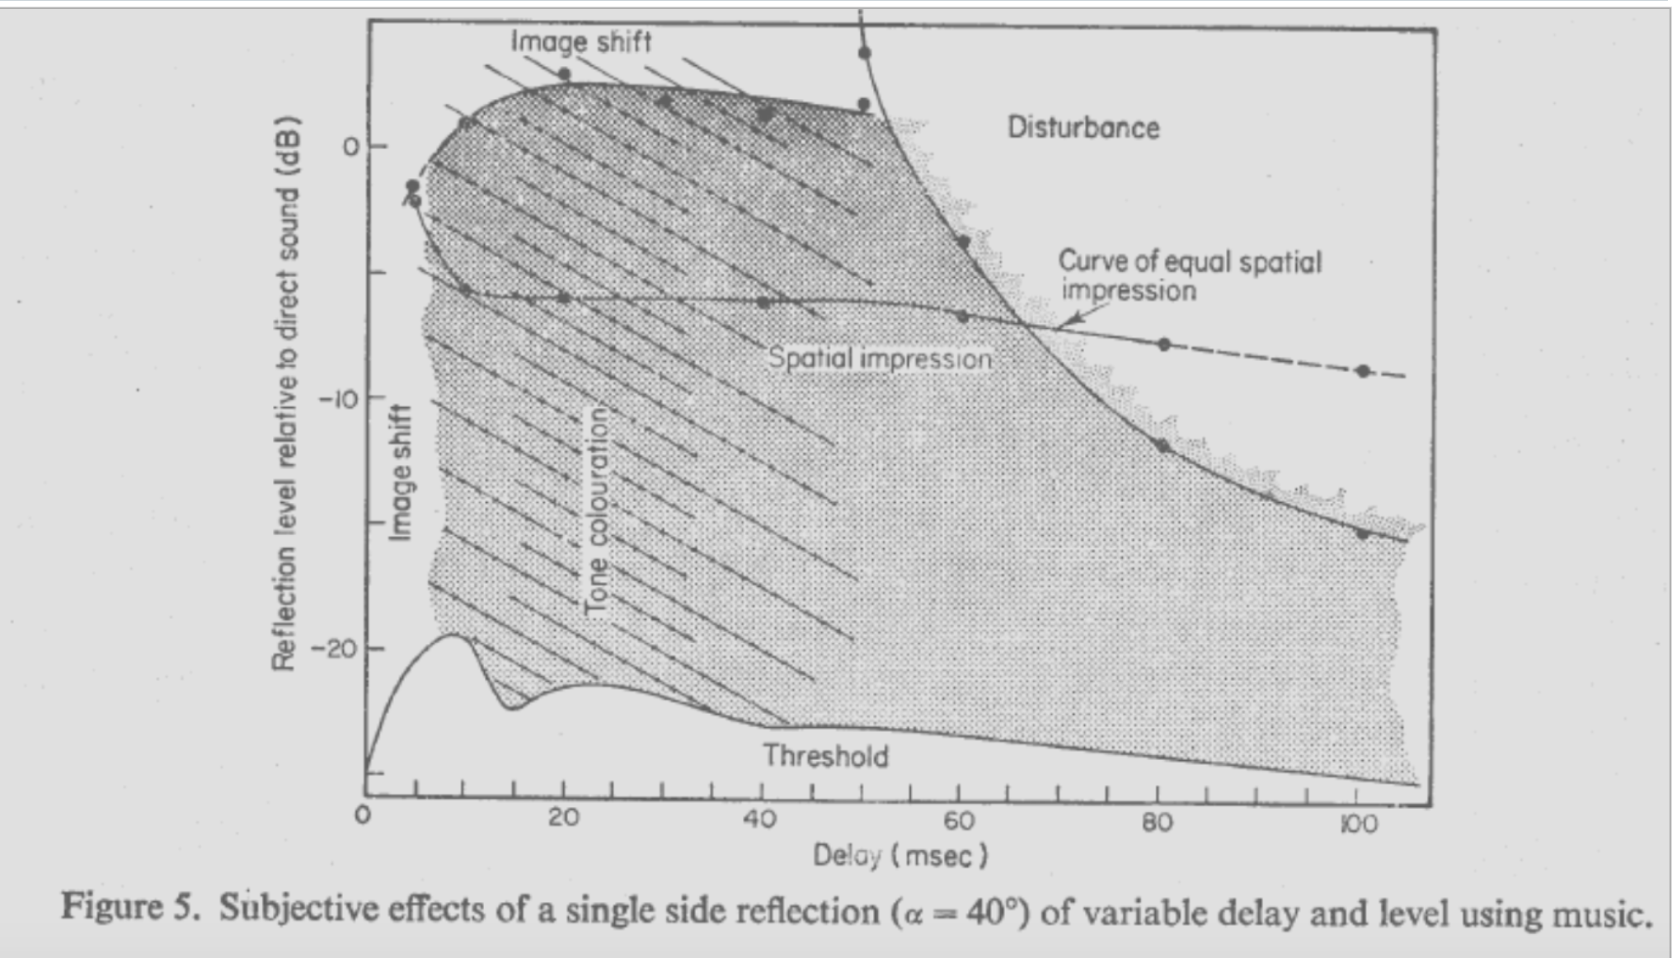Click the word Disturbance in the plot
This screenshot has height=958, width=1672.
coord(1083,128)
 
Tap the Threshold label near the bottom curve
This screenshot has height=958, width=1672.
coord(825,756)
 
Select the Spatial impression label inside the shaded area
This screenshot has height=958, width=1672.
coord(880,359)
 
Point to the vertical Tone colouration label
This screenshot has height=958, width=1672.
coord(597,511)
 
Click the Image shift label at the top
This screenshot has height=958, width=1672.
coord(580,40)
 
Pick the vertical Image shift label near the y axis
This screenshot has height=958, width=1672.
coord(401,472)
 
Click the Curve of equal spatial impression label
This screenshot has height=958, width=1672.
coord(1189,275)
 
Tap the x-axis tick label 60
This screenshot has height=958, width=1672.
coord(959,821)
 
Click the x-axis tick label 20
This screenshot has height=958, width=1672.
coord(563,819)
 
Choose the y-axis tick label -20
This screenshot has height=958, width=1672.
coord(333,649)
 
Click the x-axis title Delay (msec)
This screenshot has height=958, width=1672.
coord(899,856)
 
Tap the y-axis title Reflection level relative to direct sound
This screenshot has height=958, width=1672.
coord(284,394)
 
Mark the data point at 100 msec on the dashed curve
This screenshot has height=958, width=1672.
coord(1363,371)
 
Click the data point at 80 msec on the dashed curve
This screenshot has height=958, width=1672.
coord(1163,345)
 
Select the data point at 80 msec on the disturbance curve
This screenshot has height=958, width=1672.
coord(1163,446)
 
